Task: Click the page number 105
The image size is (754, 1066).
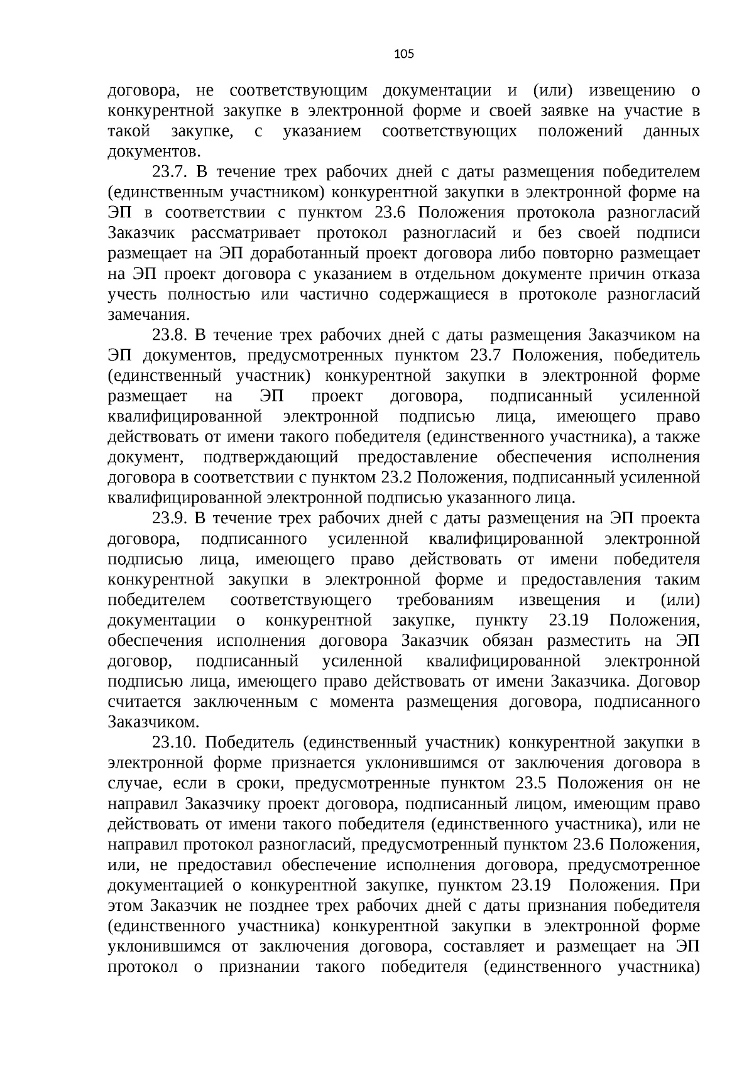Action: pos(403,54)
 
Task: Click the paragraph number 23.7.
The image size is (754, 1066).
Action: pos(171,172)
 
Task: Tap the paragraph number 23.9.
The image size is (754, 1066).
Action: pos(171,519)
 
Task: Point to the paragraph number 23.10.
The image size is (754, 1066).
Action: pos(175,743)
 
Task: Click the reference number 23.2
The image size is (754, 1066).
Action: pos(396,478)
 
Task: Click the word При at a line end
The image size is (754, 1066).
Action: pos(686,886)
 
